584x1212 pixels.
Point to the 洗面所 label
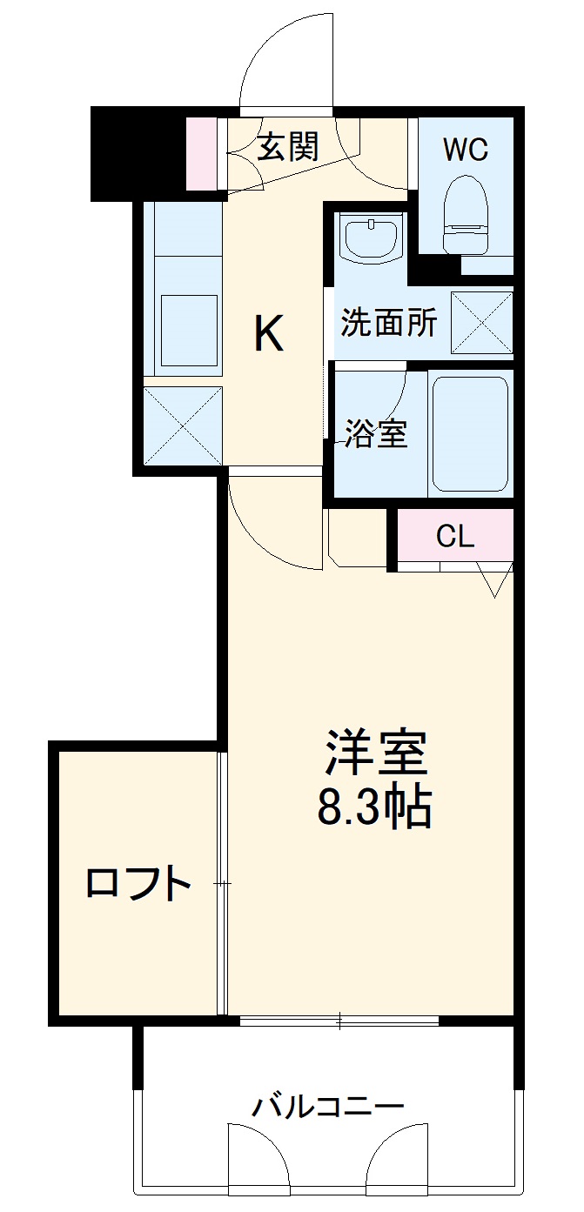pyautogui.click(x=388, y=323)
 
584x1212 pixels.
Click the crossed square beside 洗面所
pyautogui.click(x=481, y=323)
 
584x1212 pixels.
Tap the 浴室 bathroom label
pyautogui.click(x=376, y=433)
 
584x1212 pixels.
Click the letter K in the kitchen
pyautogui.click(x=269, y=333)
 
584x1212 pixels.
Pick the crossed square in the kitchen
pyautogui.click(x=182, y=425)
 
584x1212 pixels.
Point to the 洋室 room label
pyautogui.click(x=376, y=753)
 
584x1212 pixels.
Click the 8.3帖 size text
pyautogui.click(x=374, y=809)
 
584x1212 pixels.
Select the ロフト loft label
pyautogui.click(x=138, y=885)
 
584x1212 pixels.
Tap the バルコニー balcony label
pyautogui.click(x=329, y=1107)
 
